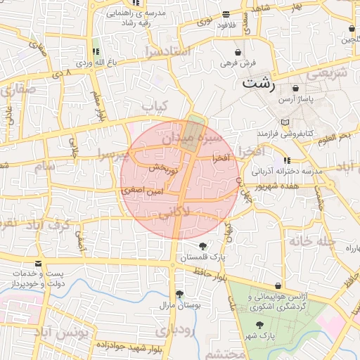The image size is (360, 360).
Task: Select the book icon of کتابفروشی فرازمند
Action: click(285, 122)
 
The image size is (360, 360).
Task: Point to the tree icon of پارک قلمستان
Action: click(203, 246)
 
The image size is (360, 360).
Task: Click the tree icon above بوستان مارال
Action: click(179, 294)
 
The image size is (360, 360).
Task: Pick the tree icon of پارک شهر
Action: click(260, 325)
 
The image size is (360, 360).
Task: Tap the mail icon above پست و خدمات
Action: click(37, 264)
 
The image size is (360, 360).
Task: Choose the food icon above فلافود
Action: click(226, 14)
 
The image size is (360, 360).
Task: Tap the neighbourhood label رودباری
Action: click(172, 330)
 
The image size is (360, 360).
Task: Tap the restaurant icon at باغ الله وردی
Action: click(96, 51)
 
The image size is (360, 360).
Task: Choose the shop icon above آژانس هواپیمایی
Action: click(279, 286)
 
